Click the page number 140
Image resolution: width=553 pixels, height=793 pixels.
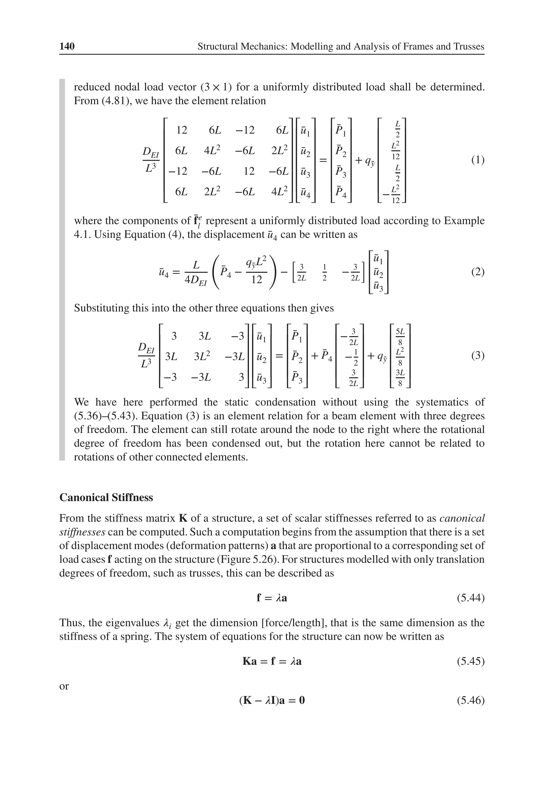[x=67, y=46]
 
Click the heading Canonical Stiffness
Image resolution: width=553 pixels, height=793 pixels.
[x=106, y=497]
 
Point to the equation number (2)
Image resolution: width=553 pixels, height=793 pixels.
[x=478, y=272]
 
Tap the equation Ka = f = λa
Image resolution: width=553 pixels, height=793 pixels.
[x=272, y=661]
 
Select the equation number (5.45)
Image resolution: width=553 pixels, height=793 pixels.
[x=470, y=661]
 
